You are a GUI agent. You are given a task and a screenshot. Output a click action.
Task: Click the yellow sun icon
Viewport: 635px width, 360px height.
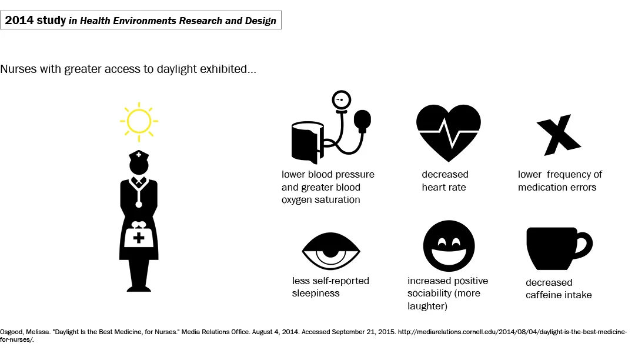click(x=139, y=122)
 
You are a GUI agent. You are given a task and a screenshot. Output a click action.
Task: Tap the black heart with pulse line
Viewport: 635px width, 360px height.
click(x=448, y=132)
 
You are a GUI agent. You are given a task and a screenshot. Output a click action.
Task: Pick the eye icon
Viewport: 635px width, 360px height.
click(x=330, y=252)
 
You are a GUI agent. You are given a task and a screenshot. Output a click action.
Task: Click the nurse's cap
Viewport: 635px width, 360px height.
click(x=139, y=155)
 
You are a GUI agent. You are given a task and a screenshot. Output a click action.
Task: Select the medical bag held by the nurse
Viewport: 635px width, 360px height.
click(x=139, y=236)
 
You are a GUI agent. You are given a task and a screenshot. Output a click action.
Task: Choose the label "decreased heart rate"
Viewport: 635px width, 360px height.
click(x=445, y=181)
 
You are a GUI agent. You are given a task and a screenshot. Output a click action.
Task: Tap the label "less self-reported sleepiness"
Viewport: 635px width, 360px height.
click(x=330, y=286)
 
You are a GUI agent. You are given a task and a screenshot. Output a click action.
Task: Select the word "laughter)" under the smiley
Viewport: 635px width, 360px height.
click(x=427, y=306)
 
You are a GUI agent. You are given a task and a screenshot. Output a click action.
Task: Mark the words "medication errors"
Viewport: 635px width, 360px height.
click(x=557, y=187)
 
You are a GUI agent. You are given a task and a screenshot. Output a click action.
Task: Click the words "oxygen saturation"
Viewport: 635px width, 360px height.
click(x=320, y=199)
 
